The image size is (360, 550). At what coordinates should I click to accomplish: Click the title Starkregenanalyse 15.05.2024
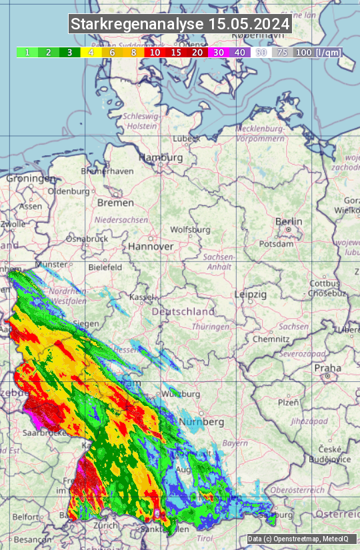click(x=180, y=25)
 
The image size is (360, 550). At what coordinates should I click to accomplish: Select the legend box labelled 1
click(x=27, y=52)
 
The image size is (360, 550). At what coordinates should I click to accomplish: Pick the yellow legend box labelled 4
click(x=90, y=52)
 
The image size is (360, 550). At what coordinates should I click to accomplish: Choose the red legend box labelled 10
click(x=155, y=52)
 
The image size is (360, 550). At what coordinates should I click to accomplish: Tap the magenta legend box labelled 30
click(x=218, y=52)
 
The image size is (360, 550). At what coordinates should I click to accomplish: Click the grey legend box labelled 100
click(x=303, y=52)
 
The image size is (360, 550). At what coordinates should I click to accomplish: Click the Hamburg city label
click(x=161, y=158)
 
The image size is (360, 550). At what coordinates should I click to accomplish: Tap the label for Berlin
click(x=289, y=222)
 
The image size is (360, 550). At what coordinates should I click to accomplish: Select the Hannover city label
click(x=151, y=247)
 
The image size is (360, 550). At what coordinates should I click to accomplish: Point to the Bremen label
click(x=115, y=203)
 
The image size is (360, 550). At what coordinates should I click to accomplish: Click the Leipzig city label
click(x=251, y=294)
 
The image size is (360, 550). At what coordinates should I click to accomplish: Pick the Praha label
click(x=327, y=368)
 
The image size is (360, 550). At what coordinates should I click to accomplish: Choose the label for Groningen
click(x=31, y=179)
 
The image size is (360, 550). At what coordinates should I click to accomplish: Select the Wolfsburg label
click(x=191, y=230)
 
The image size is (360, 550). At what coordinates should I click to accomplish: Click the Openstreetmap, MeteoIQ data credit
click(x=298, y=539)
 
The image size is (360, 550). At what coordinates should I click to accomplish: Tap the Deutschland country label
click(x=183, y=312)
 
